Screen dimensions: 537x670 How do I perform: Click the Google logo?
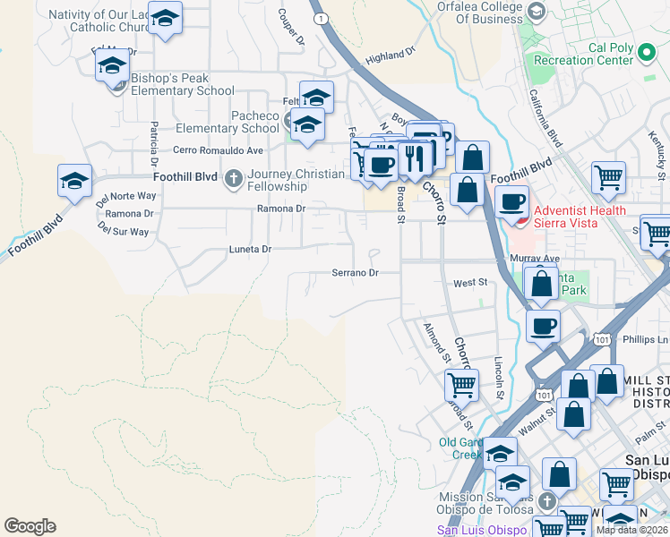(30, 526)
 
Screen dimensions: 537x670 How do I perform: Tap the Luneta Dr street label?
(250, 250)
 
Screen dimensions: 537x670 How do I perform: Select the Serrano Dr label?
(356, 272)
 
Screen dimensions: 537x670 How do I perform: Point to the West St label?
(469, 283)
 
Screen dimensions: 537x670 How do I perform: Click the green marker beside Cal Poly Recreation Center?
(649, 59)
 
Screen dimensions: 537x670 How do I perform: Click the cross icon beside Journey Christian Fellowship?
(233, 178)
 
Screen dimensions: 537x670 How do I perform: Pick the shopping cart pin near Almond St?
(461, 385)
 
